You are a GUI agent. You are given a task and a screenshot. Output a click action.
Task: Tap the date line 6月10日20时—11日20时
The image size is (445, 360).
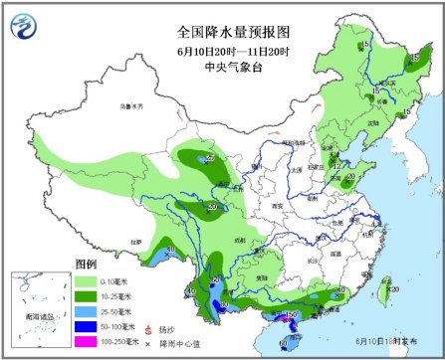[221, 51]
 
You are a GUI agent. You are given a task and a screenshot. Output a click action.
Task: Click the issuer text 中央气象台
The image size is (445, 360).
[221, 67]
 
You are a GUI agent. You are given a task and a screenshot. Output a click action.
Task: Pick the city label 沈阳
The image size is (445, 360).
[373, 123]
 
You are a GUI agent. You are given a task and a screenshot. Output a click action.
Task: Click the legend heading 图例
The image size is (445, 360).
[87, 264]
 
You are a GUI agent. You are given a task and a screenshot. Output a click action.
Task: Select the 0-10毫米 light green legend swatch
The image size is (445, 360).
[87, 281]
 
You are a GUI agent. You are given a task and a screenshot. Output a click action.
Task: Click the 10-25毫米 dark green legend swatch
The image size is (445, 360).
[87, 296]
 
